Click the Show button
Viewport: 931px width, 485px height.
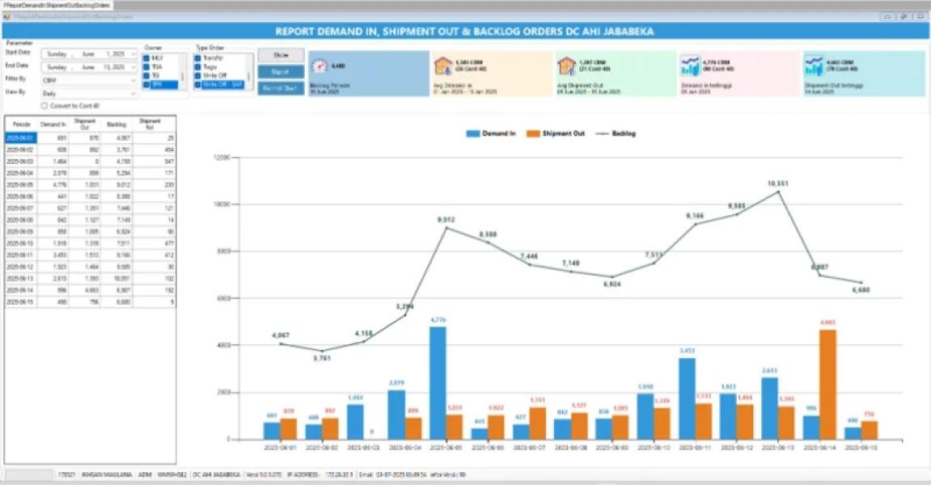tap(281, 55)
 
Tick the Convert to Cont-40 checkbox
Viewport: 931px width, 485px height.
tap(44, 105)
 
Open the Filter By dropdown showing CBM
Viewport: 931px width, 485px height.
tap(90, 80)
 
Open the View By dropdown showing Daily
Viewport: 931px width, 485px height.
tap(90, 93)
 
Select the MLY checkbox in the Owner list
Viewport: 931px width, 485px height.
tap(146, 58)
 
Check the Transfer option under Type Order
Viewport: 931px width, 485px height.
tap(197, 58)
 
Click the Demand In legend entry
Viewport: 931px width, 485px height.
tap(490, 133)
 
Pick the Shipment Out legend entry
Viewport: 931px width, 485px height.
tap(555, 133)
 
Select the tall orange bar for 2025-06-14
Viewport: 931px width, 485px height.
tap(827, 385)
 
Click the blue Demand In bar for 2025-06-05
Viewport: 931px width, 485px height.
tap(438, 383)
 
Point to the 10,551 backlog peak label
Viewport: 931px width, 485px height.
tap(777, 183)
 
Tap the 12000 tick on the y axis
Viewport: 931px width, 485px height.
tap(221, 158)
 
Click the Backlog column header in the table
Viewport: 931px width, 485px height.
tap(116, 124)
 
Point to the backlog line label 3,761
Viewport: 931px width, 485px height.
tap(322, 358)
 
